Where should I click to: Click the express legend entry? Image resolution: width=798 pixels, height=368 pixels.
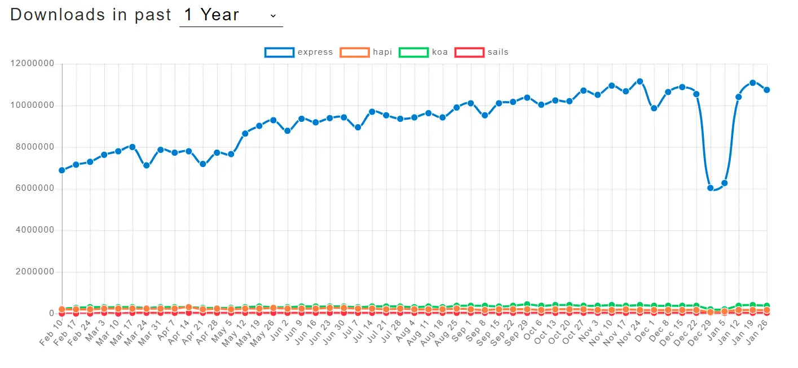pyautogui.click(x=299, y=52)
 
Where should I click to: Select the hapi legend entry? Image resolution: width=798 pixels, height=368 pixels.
pyautogui.click(x=366, y=52)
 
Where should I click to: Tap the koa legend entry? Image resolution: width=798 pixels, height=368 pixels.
pyautogui.click(x=424, y=52)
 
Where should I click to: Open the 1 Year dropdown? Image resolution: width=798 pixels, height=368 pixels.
pyautogui.click(x=231, y=15)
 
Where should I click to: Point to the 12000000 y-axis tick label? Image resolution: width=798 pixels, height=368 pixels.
pyautogui.click(x=34, y=64)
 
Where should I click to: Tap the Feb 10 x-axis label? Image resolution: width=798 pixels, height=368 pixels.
pyautogui.click(x=51, y=332)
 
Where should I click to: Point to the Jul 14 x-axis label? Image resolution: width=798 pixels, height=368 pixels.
pyautogui.click(x=361, y=332)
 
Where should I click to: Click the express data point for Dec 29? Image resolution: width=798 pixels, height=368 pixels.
pyautogui.click(x=711, y=188)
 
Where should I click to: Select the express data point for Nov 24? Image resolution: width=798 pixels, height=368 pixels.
pyautogui.click(x=640, y=81)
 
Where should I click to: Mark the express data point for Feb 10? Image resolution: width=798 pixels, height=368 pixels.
pyautogui.click(x=62, y=170)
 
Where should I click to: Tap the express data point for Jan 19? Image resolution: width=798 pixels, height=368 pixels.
pyautogui.click(x=753, y=83)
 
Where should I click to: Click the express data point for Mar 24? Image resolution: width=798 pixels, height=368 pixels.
pyautogui.click(x=147, y=165)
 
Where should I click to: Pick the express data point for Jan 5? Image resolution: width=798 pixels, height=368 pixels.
pyautogui.click(x=725, y=183)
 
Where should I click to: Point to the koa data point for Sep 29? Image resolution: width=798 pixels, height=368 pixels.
pyautogui.click(x=527, y=305)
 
